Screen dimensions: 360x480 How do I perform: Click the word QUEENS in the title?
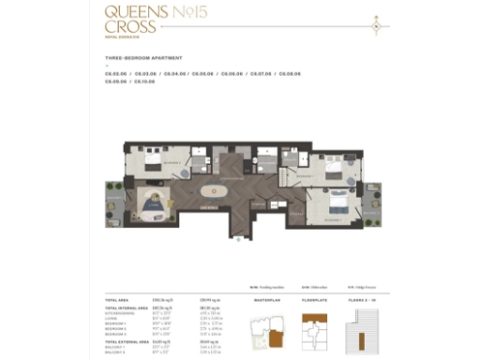coord(125,13)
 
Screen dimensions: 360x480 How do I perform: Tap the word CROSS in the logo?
coord(122,27)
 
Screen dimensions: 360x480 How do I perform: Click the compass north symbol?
coord(375,26)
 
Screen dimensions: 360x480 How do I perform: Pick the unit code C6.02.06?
coord(116,73)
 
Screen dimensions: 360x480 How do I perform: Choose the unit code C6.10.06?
coord(145,82)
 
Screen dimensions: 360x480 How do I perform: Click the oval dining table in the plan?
coord(213,189)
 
